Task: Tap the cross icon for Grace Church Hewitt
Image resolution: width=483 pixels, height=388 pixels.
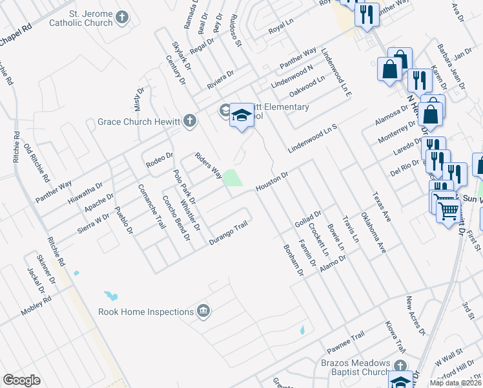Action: (x=189, y=121)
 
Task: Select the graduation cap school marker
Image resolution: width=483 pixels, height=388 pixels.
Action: (x=242, y=116)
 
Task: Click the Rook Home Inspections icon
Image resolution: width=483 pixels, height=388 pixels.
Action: (x=204, y=312)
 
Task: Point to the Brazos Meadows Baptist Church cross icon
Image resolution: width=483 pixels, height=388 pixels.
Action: (x=400, y=364)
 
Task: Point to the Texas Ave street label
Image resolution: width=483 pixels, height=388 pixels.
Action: (x=382, y=207)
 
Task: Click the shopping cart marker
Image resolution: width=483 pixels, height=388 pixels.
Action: (x=448, y=210)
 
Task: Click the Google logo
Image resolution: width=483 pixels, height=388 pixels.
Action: (x=21, y=380)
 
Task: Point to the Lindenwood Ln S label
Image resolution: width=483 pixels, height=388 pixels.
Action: (x=313, y=138)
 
